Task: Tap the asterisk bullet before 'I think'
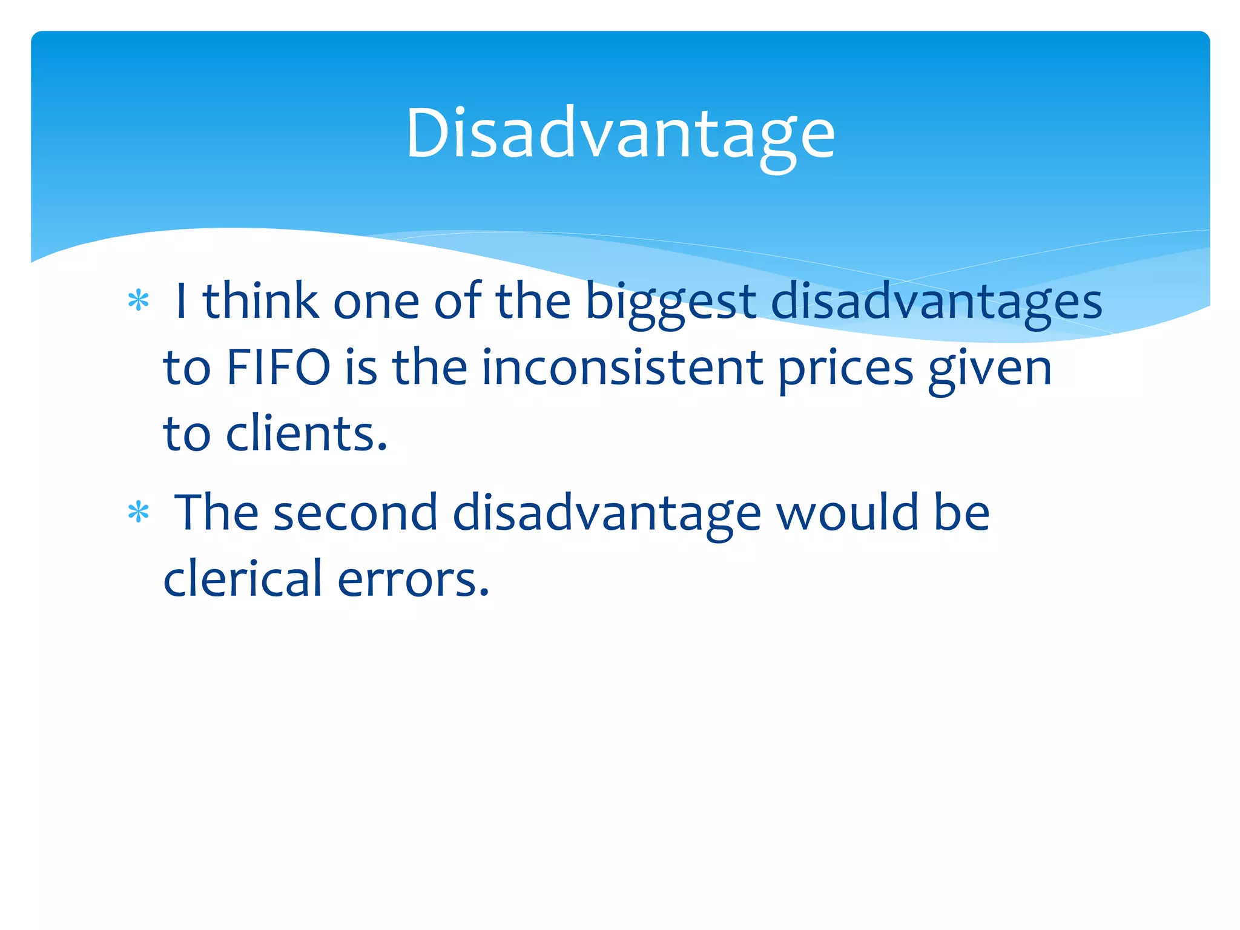coord(139,301)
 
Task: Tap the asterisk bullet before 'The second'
coord(139,513)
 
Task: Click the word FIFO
coord(278,368)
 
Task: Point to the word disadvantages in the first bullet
coord(936,303)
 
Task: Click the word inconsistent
coord(622,368)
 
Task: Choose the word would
coord(847,513)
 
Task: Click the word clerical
coord(242,579)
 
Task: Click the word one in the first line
coord(376,303)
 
